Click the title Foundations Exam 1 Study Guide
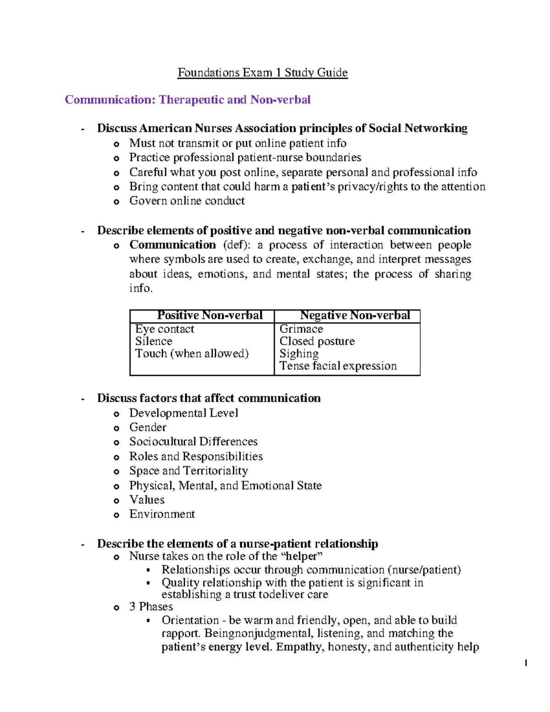263,73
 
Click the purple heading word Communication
110,100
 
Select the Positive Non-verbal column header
209,315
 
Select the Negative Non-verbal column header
355,315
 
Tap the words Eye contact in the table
165,329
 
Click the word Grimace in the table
301,329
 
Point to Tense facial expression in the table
338,366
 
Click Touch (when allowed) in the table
192,353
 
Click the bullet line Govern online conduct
187,201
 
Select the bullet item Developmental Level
183,413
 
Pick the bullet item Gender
148,427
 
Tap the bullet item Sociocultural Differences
193,442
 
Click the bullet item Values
147,500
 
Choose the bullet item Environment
162,514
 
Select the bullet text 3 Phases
151,607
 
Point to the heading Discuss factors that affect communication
209,398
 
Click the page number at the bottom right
526,663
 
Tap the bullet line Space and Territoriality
188,471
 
